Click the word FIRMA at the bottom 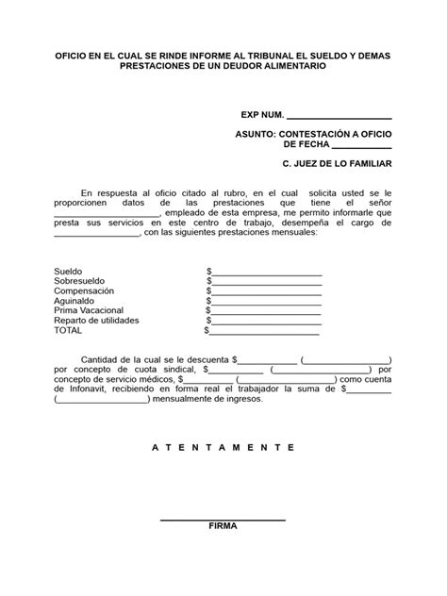click(223, 526)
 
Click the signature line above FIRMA click(223, 519)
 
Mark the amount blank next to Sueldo click(267, 273)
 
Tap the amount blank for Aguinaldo click(267, 303)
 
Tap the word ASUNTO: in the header click(257, 136)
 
